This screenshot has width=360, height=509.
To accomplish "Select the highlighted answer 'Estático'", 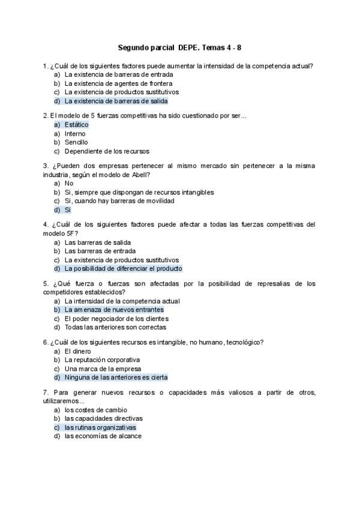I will [x=76, y=124].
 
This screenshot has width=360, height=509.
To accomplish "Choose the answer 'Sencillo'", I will [x=76, y=142].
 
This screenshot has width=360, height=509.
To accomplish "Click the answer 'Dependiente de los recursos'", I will [x=107, y=151].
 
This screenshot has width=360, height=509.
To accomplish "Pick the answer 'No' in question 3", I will [x=69, y=183].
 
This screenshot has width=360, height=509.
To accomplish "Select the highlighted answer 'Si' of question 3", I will [x=68, y=210].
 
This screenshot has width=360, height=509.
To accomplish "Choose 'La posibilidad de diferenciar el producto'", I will [x=123, y=269].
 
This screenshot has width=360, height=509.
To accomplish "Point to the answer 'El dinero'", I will [x=78, y=351].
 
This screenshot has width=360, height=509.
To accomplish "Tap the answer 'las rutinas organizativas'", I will [x=100, y=427].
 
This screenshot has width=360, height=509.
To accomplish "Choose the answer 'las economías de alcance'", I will [x=103, y=436].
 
